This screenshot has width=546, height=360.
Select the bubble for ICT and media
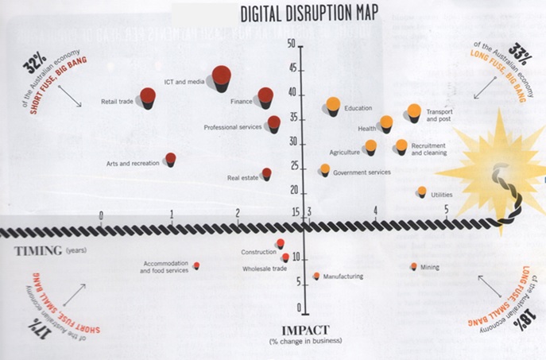222,76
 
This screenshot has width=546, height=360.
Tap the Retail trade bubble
148,97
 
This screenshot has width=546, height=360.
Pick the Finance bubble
266,95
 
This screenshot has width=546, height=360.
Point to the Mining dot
413,266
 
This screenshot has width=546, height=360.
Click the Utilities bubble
422,192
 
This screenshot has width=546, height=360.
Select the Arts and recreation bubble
170,159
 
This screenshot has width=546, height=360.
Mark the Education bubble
333,105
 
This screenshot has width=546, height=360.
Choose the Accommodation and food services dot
196,265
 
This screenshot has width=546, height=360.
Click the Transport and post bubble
414,111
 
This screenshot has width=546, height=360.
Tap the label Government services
362,172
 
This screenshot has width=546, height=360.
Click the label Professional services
233,127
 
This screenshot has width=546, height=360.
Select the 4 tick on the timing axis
376,211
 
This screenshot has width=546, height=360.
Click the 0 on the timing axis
101,215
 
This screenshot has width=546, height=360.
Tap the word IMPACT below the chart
304,330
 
